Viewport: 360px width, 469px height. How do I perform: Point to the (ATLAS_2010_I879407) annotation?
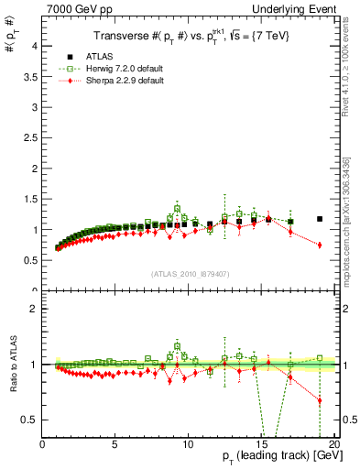pos(189,273)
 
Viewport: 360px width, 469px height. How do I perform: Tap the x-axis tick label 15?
pos(261,444)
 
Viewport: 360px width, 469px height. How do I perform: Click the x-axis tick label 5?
pos(115,444)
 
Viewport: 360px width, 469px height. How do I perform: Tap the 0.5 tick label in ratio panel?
pos(31,420)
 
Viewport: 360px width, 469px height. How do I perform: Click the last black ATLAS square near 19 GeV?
pos(320,219)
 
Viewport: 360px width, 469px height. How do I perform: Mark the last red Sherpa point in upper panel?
pos(320,245)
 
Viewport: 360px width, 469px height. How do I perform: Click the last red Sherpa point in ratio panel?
pos(320,400)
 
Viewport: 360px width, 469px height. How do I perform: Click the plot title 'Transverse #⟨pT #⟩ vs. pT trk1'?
pos(189,36)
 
